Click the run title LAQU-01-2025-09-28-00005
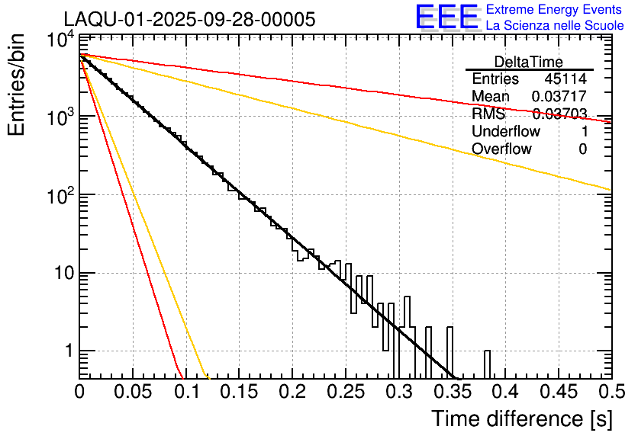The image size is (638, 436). (x=188, y=20)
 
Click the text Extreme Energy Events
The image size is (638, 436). (x=555, y=10)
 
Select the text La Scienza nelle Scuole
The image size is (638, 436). (x=555, y=26)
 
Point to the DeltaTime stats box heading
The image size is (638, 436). (x=529, y=62)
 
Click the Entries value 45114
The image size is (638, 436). (x=565, y=79)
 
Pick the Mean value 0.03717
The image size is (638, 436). (x=559, y=97)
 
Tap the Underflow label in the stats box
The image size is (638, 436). (x=506, y=132)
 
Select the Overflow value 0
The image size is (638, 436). (x=582, y=149)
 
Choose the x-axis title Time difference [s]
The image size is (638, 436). (x=520, y=418)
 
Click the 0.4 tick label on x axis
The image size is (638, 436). (x=504, y=393)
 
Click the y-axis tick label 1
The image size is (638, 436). (x=67, y=352)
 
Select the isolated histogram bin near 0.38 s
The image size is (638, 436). (x=487, y=364)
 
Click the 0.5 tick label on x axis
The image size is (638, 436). (x=609, y=393)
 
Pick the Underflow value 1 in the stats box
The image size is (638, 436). (x=583, y=132)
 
